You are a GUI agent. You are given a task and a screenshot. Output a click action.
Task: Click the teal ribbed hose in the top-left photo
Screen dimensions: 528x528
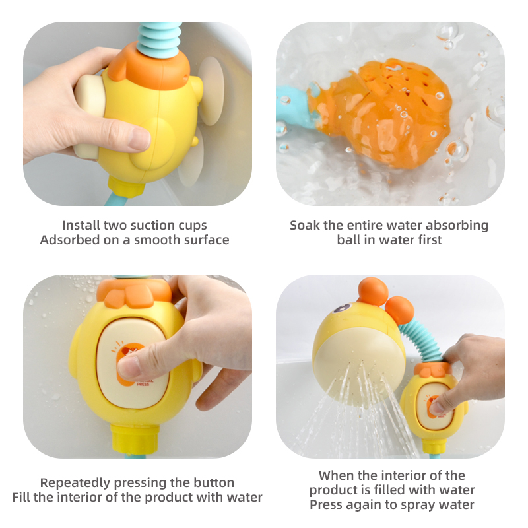pos(160,40)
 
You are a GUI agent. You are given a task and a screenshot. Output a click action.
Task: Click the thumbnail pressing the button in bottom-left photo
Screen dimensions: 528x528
pos(129,368)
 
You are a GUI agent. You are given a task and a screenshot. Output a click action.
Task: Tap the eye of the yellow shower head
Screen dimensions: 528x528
pos(342,308)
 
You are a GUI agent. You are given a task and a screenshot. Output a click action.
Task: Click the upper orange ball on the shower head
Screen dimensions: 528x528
pos(373,291)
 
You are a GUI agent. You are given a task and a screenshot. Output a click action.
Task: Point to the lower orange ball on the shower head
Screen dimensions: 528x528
pos(399,310)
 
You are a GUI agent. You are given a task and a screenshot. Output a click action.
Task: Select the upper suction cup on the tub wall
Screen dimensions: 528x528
pos(211,91)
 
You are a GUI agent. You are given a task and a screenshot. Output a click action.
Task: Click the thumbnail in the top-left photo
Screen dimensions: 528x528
pos(139,139)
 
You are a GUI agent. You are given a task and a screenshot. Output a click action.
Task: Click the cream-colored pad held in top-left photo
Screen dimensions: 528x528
pos(89,114)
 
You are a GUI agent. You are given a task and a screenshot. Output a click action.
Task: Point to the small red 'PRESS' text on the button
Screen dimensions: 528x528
pos(143,384)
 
